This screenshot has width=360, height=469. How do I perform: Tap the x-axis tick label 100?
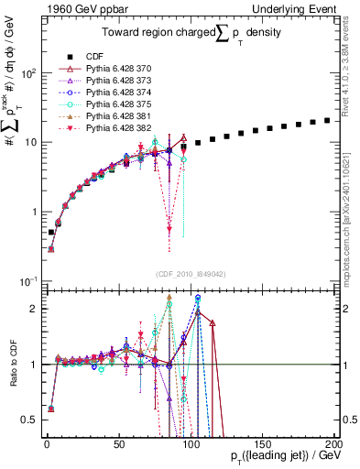point(190,442)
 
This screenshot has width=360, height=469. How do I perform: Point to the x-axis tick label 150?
point(261,442)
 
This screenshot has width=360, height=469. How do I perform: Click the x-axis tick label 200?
point(332,442)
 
